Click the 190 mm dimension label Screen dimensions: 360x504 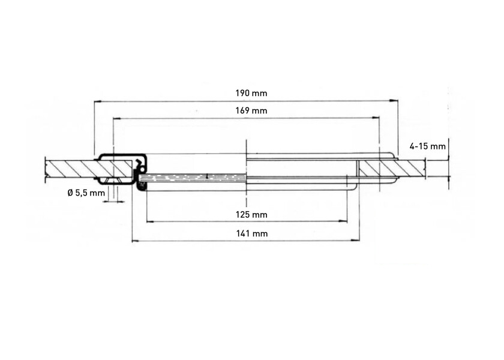point(251,93)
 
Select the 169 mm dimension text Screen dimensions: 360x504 point(251,110)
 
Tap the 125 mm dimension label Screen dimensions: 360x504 point(251,214)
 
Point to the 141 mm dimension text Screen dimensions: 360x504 point(251,233)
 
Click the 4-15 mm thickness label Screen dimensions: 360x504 point(427,146)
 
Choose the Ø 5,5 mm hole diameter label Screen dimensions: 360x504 point(86,193)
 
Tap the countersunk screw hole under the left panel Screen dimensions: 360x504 point(112,181)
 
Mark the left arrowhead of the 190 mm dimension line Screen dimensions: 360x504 point(96,101)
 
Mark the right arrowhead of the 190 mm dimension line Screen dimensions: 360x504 point(397,101)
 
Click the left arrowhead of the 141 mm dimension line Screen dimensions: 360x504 point(133,241)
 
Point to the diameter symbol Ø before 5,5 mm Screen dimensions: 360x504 point(70,193)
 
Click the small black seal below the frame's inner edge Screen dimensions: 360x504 point(142,187)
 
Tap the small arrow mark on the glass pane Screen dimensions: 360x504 point(206,176)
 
